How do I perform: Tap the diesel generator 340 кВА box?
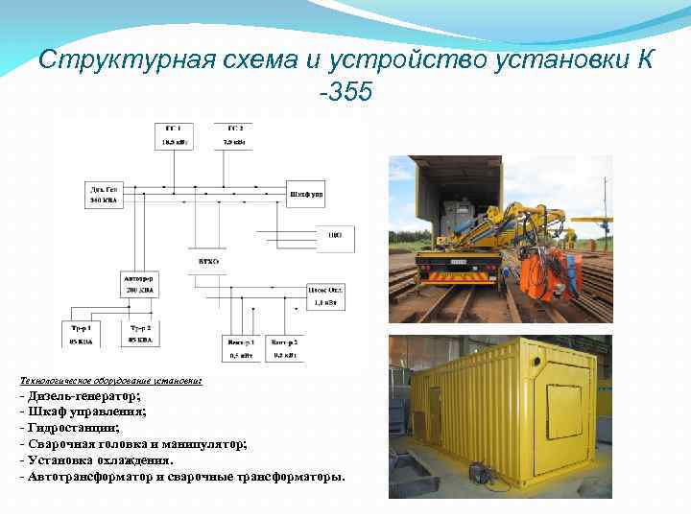(x=105, y=195)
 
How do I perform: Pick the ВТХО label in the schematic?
(x=209, y=261)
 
